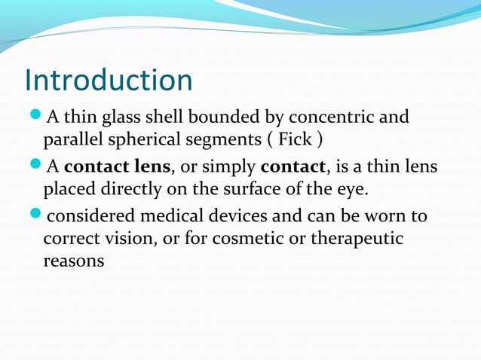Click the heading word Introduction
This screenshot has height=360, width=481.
[x=109, y=81]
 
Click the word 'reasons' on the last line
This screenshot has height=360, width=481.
[x=74, y=262]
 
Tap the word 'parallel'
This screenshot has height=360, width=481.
[x=72, y=140]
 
